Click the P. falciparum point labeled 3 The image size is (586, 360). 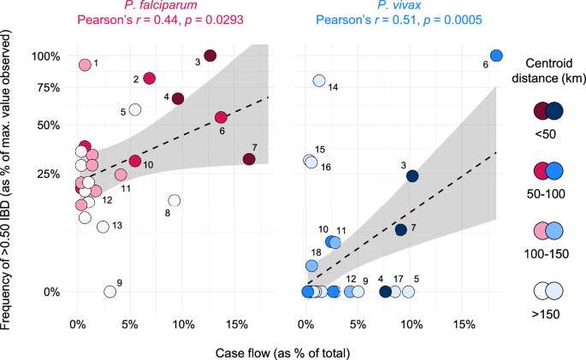[210, 56]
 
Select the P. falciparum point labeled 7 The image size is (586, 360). [249, 159]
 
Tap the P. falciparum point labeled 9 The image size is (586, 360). [110, 292]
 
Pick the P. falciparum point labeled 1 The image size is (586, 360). [85, 65]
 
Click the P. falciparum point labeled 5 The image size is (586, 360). [135, 109]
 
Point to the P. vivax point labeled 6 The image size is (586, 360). [496, 56]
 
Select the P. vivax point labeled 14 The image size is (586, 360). [319, 81]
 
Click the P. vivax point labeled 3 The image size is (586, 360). [412, 176]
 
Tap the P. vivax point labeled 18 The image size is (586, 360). [312, 266]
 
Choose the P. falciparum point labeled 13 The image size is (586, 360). [103, 227]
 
